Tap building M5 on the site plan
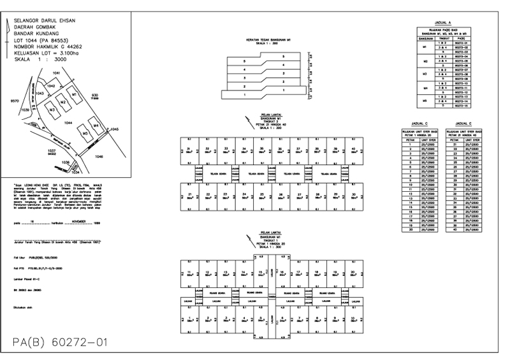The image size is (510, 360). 84,133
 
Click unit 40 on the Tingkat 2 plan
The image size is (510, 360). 353,150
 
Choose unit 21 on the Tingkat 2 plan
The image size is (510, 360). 189,194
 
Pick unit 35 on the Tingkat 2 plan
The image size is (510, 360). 262,150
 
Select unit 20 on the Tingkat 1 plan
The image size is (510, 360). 353,273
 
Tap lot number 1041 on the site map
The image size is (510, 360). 56,74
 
